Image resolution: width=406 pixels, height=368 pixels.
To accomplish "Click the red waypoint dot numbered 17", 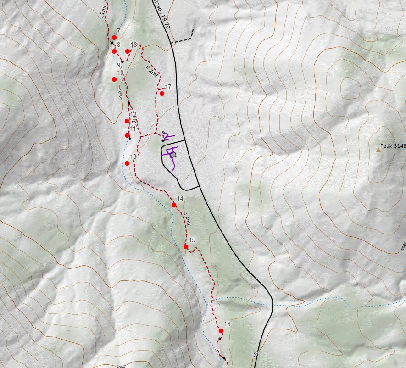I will point(162,94).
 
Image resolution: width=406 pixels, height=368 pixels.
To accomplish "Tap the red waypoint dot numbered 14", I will point(174,205).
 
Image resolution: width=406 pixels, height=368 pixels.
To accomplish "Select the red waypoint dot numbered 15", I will point(186,247).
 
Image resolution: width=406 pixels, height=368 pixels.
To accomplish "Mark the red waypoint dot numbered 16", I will point(221,331).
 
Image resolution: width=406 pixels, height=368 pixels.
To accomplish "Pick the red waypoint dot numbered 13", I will point(127,163).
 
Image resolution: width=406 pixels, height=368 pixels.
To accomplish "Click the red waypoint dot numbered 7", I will point(114,38).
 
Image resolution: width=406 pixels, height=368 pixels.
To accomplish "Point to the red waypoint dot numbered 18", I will point(128,51).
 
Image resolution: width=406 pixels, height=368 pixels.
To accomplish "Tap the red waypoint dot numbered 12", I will point(127,121).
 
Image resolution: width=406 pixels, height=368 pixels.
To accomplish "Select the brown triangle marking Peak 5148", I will point(378,150).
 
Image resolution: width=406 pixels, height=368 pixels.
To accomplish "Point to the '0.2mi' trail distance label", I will point(152,71).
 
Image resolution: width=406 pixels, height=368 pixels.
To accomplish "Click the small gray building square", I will point(173,155).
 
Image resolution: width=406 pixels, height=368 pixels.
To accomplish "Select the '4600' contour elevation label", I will point(120,94).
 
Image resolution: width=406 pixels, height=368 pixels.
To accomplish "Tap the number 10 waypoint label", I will point(120,72).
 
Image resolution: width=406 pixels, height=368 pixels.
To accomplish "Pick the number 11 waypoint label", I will point(133,128).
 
